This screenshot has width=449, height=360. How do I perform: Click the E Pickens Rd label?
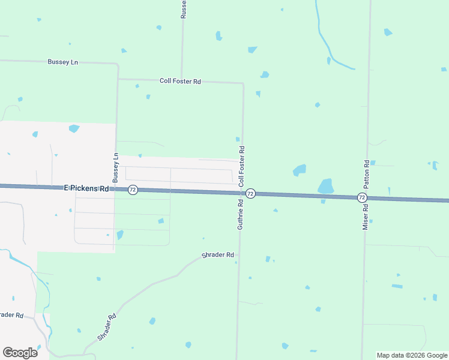coord(86,188)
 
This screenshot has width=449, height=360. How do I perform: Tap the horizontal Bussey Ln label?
coord(63,62)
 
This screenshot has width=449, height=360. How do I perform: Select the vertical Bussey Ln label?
coord(115,167)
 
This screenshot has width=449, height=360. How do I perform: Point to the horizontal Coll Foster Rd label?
coord(180,81)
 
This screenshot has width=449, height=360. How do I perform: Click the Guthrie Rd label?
coord(240,214)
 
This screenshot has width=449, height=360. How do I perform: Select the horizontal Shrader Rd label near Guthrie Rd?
coord(217,254)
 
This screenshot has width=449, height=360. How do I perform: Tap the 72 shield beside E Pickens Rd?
coord(133,190)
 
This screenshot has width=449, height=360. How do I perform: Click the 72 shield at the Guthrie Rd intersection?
coord(251,193)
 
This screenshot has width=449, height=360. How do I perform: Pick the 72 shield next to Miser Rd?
coord(361,197)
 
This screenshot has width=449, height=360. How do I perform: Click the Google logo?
coord(20,352)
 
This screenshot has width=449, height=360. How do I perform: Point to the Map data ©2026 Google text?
coord(412,355)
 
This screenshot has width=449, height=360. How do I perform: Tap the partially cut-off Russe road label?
coord(183,9)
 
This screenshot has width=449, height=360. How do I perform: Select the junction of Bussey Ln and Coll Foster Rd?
coord(118,79)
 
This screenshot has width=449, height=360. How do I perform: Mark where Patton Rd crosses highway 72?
coord(366,197)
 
